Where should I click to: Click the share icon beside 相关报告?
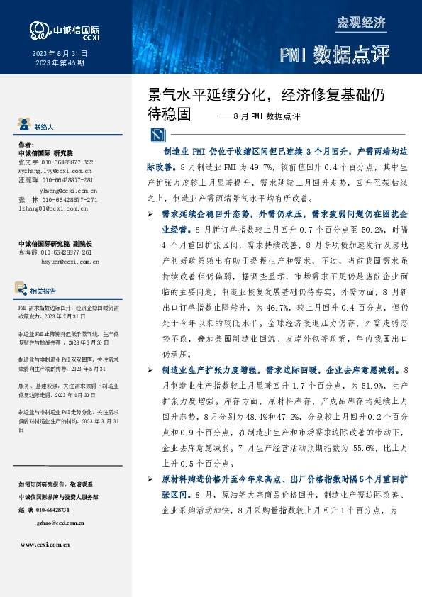[23, 289]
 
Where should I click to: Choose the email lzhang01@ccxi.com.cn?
[53, 209]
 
